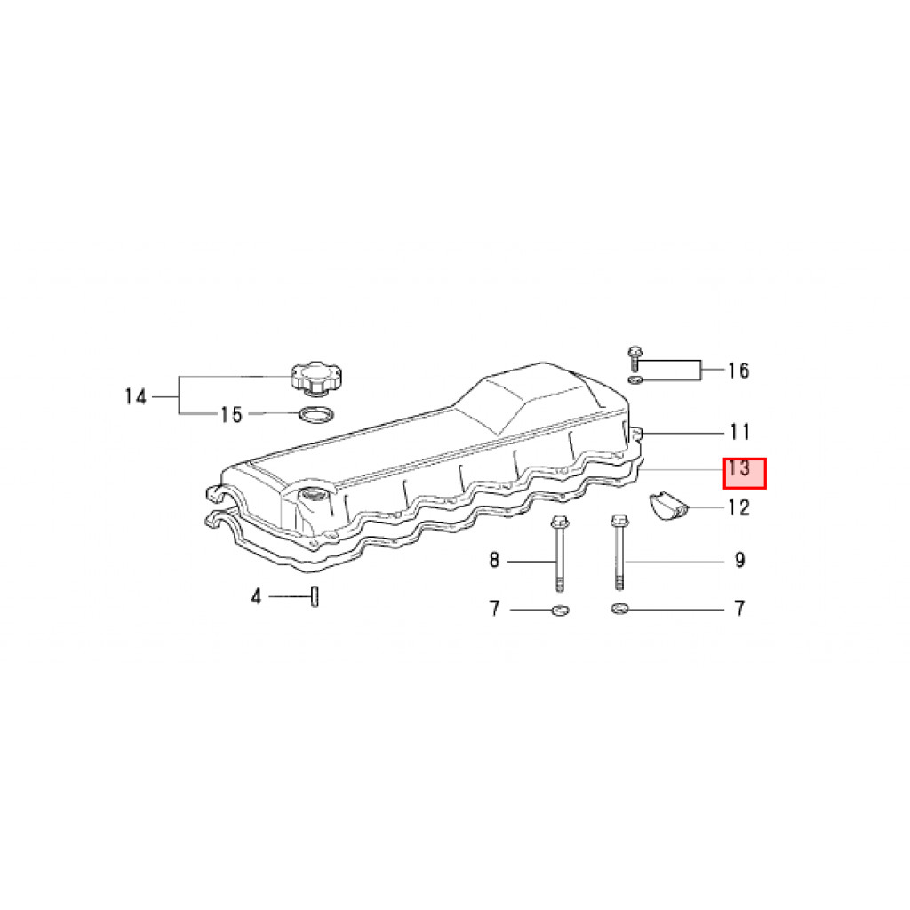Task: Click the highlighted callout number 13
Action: click(739, 467)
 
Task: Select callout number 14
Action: click(136, 397)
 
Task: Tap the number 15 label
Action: click(231, 414)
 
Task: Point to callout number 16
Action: click(738, 371)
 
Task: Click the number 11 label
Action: click(740, 432)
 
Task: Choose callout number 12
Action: click(739, 507)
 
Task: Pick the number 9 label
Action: click(739, 560)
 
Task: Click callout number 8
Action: click(494, 560)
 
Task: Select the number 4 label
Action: click(256, 596)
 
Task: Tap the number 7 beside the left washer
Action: click(494, 608)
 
